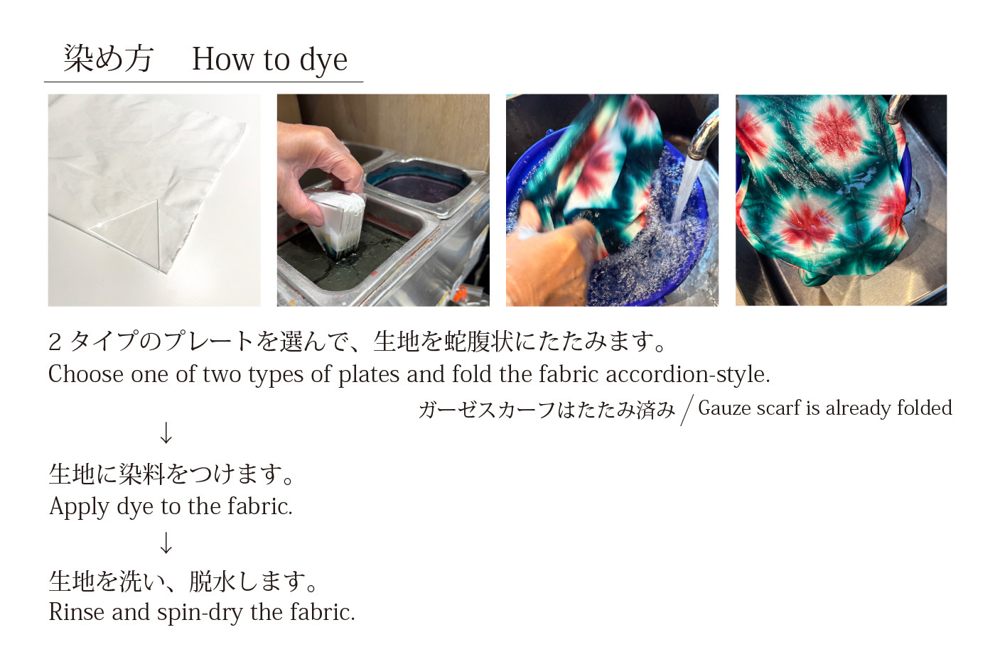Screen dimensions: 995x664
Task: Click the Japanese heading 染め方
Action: pos(108,58)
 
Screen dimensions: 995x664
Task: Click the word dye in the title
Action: pos(323,60)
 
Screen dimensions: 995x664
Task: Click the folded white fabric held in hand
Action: pos(338,222)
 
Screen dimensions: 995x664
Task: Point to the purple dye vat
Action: pos(418,180)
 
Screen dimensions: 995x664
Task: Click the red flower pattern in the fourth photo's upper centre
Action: pos(836,128)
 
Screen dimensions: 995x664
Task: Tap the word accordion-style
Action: pos(688,374)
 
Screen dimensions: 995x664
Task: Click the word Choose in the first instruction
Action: pos(86,374)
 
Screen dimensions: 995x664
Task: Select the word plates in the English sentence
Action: pos(369,375)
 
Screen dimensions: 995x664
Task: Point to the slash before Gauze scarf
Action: pos(687,410)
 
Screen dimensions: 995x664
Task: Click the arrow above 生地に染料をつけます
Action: pos(166,432)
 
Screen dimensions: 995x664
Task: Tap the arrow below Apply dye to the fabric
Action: pos(166,543)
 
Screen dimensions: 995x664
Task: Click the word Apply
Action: pos(79,507)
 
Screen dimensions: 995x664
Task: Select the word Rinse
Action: pos(77,612)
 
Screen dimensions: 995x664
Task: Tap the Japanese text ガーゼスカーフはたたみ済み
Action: pos(547,409)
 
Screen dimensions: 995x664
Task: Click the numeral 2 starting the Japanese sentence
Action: pos(55,342)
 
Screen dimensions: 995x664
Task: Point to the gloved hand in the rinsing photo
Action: pos(549,253)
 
